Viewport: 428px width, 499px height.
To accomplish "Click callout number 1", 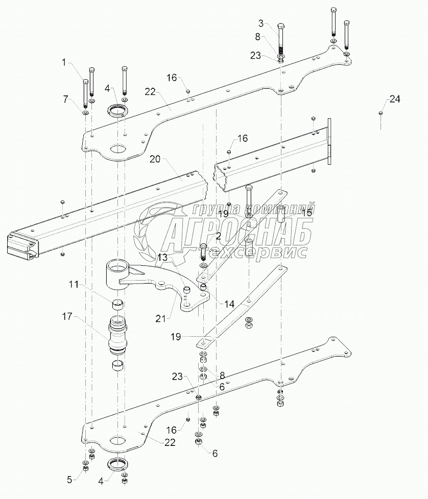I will coord(64,62).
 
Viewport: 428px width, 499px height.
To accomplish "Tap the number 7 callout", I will coord(65,99).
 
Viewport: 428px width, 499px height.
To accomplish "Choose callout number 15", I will coord(306,212).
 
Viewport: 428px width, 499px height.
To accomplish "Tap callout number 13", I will coord(162,258).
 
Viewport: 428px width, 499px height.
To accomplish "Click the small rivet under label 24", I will coord(381,113).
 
